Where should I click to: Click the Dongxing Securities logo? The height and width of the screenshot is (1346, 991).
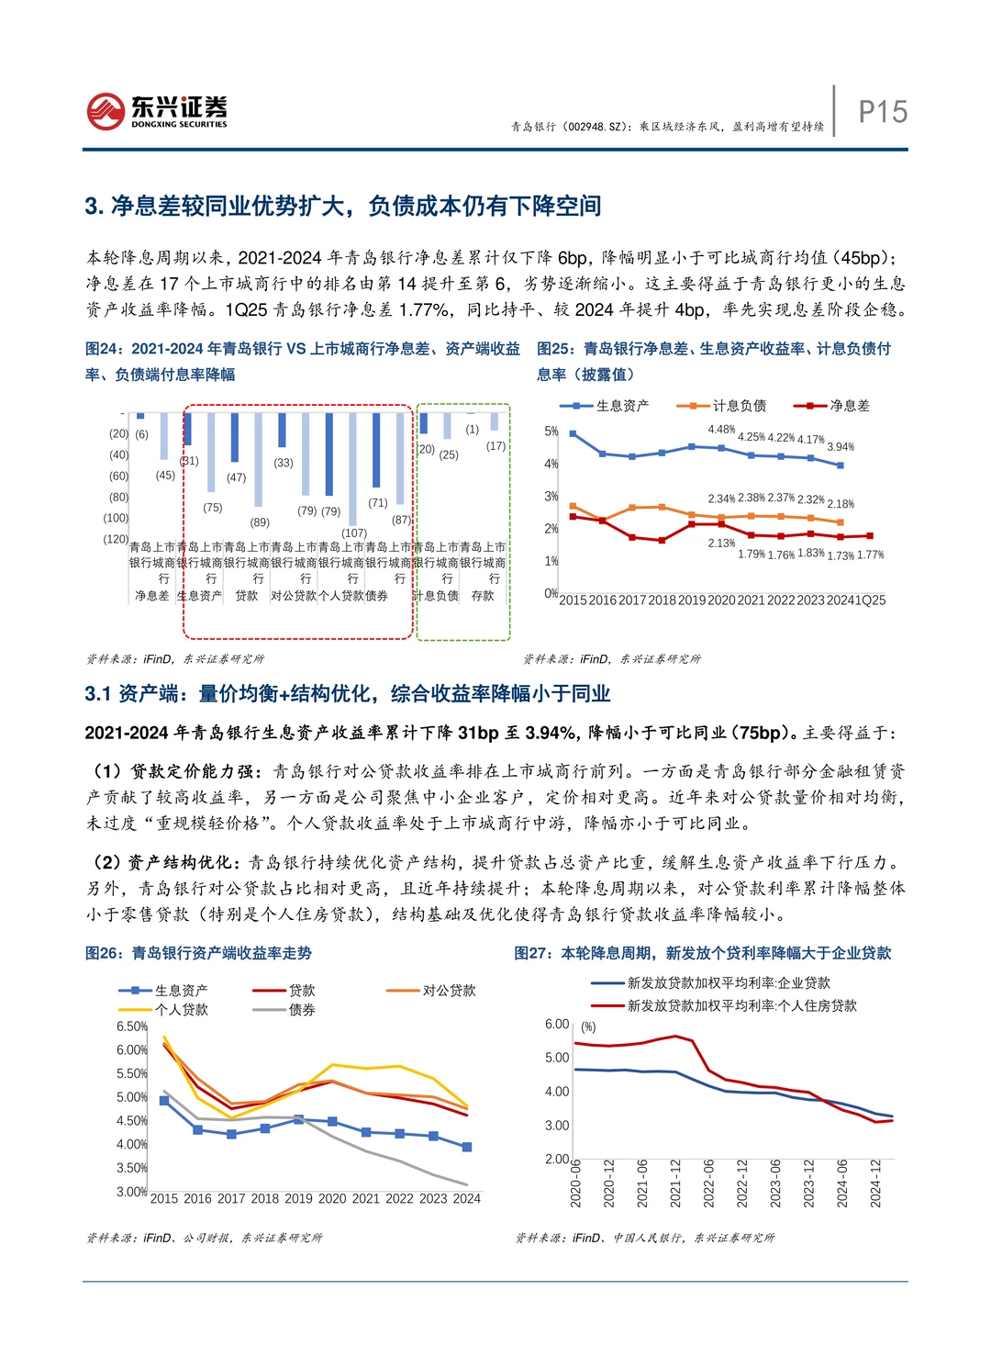157,111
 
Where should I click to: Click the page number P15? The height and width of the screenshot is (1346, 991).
882,112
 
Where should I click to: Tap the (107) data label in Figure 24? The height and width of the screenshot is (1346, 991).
354,533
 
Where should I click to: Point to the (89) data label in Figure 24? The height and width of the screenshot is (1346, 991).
260,522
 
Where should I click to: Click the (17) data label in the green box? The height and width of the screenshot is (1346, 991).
495,446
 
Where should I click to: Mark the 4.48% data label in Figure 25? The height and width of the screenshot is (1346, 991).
721,430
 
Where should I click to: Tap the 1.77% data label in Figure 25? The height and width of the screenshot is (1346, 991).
870,555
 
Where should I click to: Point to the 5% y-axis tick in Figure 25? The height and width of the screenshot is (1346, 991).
551,432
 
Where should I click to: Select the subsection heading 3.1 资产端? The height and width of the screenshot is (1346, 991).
347,694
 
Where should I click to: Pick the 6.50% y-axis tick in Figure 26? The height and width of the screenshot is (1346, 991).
131,1026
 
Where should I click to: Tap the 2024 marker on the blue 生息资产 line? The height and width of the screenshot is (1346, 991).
467,1147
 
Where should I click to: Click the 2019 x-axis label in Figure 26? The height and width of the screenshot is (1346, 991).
298,1199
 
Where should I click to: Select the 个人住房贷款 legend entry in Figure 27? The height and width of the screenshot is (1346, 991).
741,1006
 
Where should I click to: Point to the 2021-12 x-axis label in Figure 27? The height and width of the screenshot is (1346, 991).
675,1183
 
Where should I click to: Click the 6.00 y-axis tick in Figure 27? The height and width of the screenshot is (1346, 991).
557,1025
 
